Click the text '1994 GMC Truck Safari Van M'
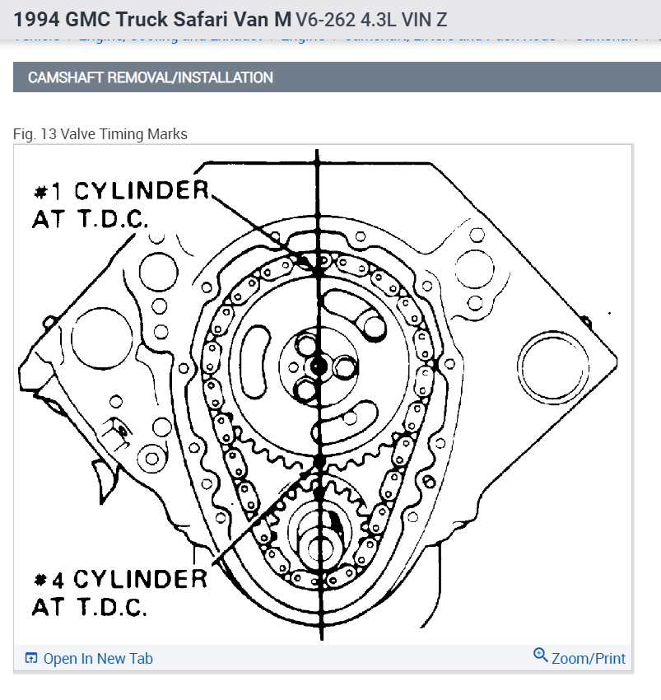click(x=151, y=18)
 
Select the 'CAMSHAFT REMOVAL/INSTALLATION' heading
click(x=151, y=77)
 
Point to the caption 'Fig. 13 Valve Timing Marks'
click(x=100, y=133)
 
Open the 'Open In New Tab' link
click(x=97, y=658)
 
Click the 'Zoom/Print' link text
click(x=588, y=658)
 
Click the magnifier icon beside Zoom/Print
click(x=540, y=656)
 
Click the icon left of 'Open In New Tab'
click(x=31, y=658)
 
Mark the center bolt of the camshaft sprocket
click(x=319, y=365)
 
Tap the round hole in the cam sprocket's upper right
click(x=372, y=327)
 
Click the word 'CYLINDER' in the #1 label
click(x=142, y=192)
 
